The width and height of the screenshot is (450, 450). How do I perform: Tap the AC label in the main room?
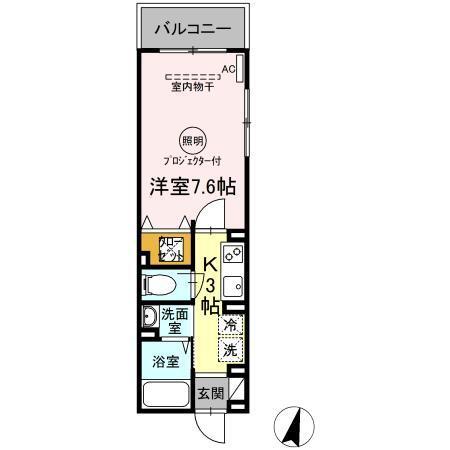228,69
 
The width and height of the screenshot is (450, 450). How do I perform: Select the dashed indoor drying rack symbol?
192,77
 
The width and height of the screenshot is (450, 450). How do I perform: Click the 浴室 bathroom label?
166,361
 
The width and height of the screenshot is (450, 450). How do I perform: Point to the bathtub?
165,391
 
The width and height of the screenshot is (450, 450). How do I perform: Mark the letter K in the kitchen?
212,264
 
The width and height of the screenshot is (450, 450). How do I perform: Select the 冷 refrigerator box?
230,325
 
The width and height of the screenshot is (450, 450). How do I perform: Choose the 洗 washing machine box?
230,350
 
